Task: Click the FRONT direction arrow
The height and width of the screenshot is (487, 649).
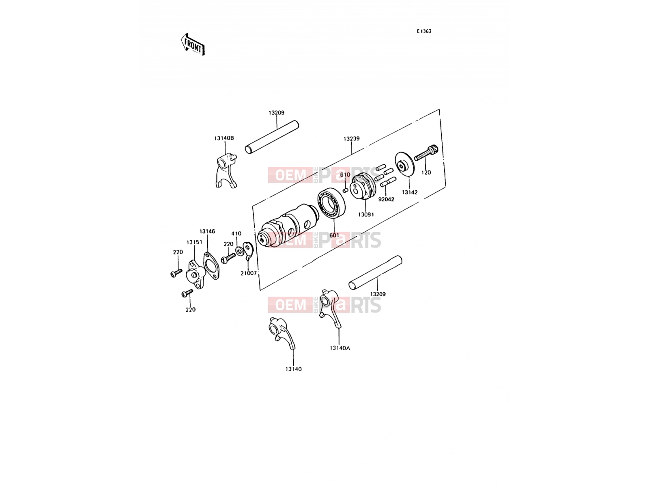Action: pos(193,44)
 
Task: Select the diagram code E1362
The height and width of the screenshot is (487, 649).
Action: pos(424,31)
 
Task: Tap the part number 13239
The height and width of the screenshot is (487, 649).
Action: pos(351,139)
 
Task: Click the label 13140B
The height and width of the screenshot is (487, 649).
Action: pos(224,138)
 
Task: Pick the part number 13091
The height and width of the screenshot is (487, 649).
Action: pos(366,214)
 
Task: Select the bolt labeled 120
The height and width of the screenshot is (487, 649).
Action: pos(426,153)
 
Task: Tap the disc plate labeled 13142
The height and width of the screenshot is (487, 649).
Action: pos(404,164)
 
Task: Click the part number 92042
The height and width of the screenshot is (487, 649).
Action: pos(386,199)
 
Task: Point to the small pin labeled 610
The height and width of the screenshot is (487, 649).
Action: pos(345,190)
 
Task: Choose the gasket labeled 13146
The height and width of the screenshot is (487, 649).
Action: pos(211,265)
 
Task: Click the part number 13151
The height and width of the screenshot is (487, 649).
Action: pos(194,242)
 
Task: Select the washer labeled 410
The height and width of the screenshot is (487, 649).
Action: pos(239,252)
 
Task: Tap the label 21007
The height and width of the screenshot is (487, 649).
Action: pos(248,273)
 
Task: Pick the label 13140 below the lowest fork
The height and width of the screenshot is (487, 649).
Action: pos(293,369)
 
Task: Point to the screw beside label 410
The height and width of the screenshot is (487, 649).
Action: pos(228,259)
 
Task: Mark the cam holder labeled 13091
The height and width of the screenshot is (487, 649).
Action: pos(363,187)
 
